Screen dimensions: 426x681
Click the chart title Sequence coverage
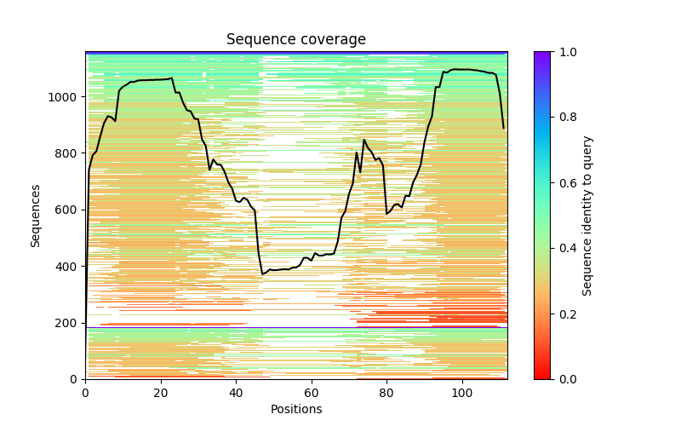click(296, 40)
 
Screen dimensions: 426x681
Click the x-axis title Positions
click(296, 410)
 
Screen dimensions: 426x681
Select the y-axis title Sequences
click(36, 216)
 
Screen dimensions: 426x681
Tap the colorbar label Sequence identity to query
click(587, 216)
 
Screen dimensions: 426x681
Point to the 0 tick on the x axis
click(85, 393)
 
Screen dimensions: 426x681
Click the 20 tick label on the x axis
click(161, 393)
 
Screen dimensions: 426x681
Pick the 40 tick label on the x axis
click(236, 393)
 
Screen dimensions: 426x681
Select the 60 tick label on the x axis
click(312, 393)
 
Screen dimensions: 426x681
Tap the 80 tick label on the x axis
click(386, 393)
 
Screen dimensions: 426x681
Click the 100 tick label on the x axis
click(462, 393)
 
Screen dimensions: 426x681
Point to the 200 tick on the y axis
click(68, 323)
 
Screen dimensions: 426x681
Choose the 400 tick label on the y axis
click(68, 267)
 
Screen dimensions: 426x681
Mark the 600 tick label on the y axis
click(68, 210)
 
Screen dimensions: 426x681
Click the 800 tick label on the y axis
click(68, 153)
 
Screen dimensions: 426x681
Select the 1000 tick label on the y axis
click(66, 97)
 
